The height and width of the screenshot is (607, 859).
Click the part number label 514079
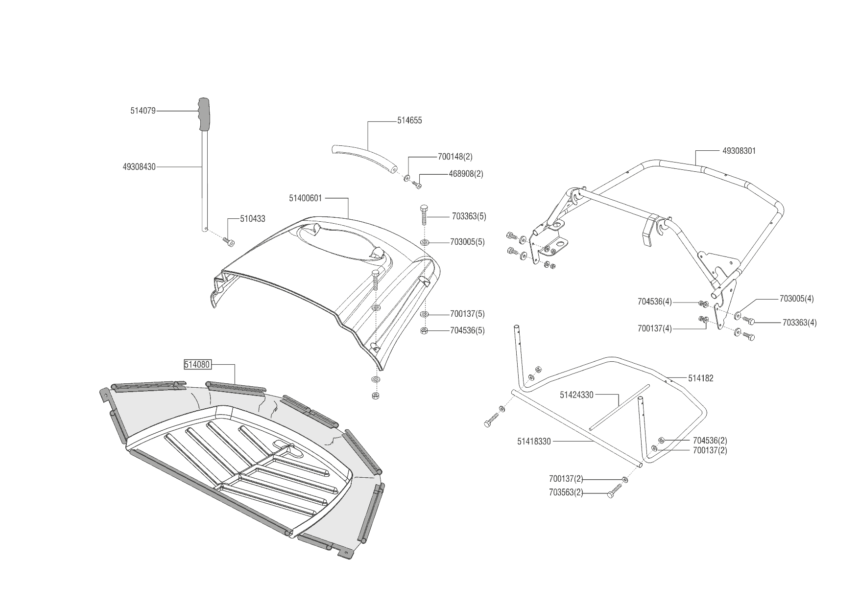coord(143,111)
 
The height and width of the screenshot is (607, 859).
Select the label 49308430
coord(139,167)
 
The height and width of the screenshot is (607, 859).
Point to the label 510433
coord(252,219)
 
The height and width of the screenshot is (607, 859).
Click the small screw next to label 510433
coord(228,241)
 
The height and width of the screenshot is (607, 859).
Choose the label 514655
coord(409,120)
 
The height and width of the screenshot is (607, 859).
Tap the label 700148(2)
coord(455,157)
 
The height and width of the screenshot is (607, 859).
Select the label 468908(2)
coord(466,174)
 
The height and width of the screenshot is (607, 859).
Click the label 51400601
coord(305,198)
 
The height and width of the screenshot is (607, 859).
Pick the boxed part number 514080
coord(197,365)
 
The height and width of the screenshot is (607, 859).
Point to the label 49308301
coord(739,151)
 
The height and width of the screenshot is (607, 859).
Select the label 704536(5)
coord(467,330)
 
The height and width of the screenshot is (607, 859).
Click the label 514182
coord(701,378)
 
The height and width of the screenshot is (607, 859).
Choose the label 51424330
coord(576,395)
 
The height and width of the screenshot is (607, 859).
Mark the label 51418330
coord(534,442)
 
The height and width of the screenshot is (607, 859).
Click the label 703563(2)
coord(566,493)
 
